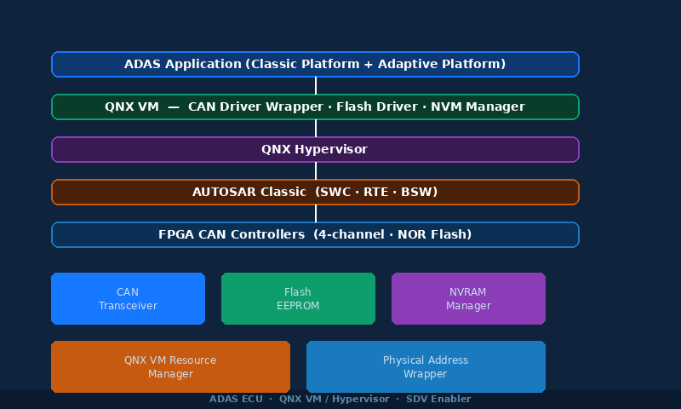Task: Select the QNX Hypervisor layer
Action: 315,150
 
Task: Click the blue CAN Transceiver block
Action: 128,299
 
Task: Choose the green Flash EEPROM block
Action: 298,299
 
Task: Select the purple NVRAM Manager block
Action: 468,299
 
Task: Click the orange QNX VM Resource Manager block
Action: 170,367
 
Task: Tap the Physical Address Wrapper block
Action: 426,367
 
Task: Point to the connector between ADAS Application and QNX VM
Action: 316,86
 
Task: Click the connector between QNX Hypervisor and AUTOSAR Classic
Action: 316,171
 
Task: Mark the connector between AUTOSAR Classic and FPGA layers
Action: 316,214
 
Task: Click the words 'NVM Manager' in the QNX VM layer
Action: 478,107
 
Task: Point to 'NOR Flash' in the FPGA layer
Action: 436,235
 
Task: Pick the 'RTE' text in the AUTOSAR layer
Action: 376,193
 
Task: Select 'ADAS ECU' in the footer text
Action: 235,400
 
